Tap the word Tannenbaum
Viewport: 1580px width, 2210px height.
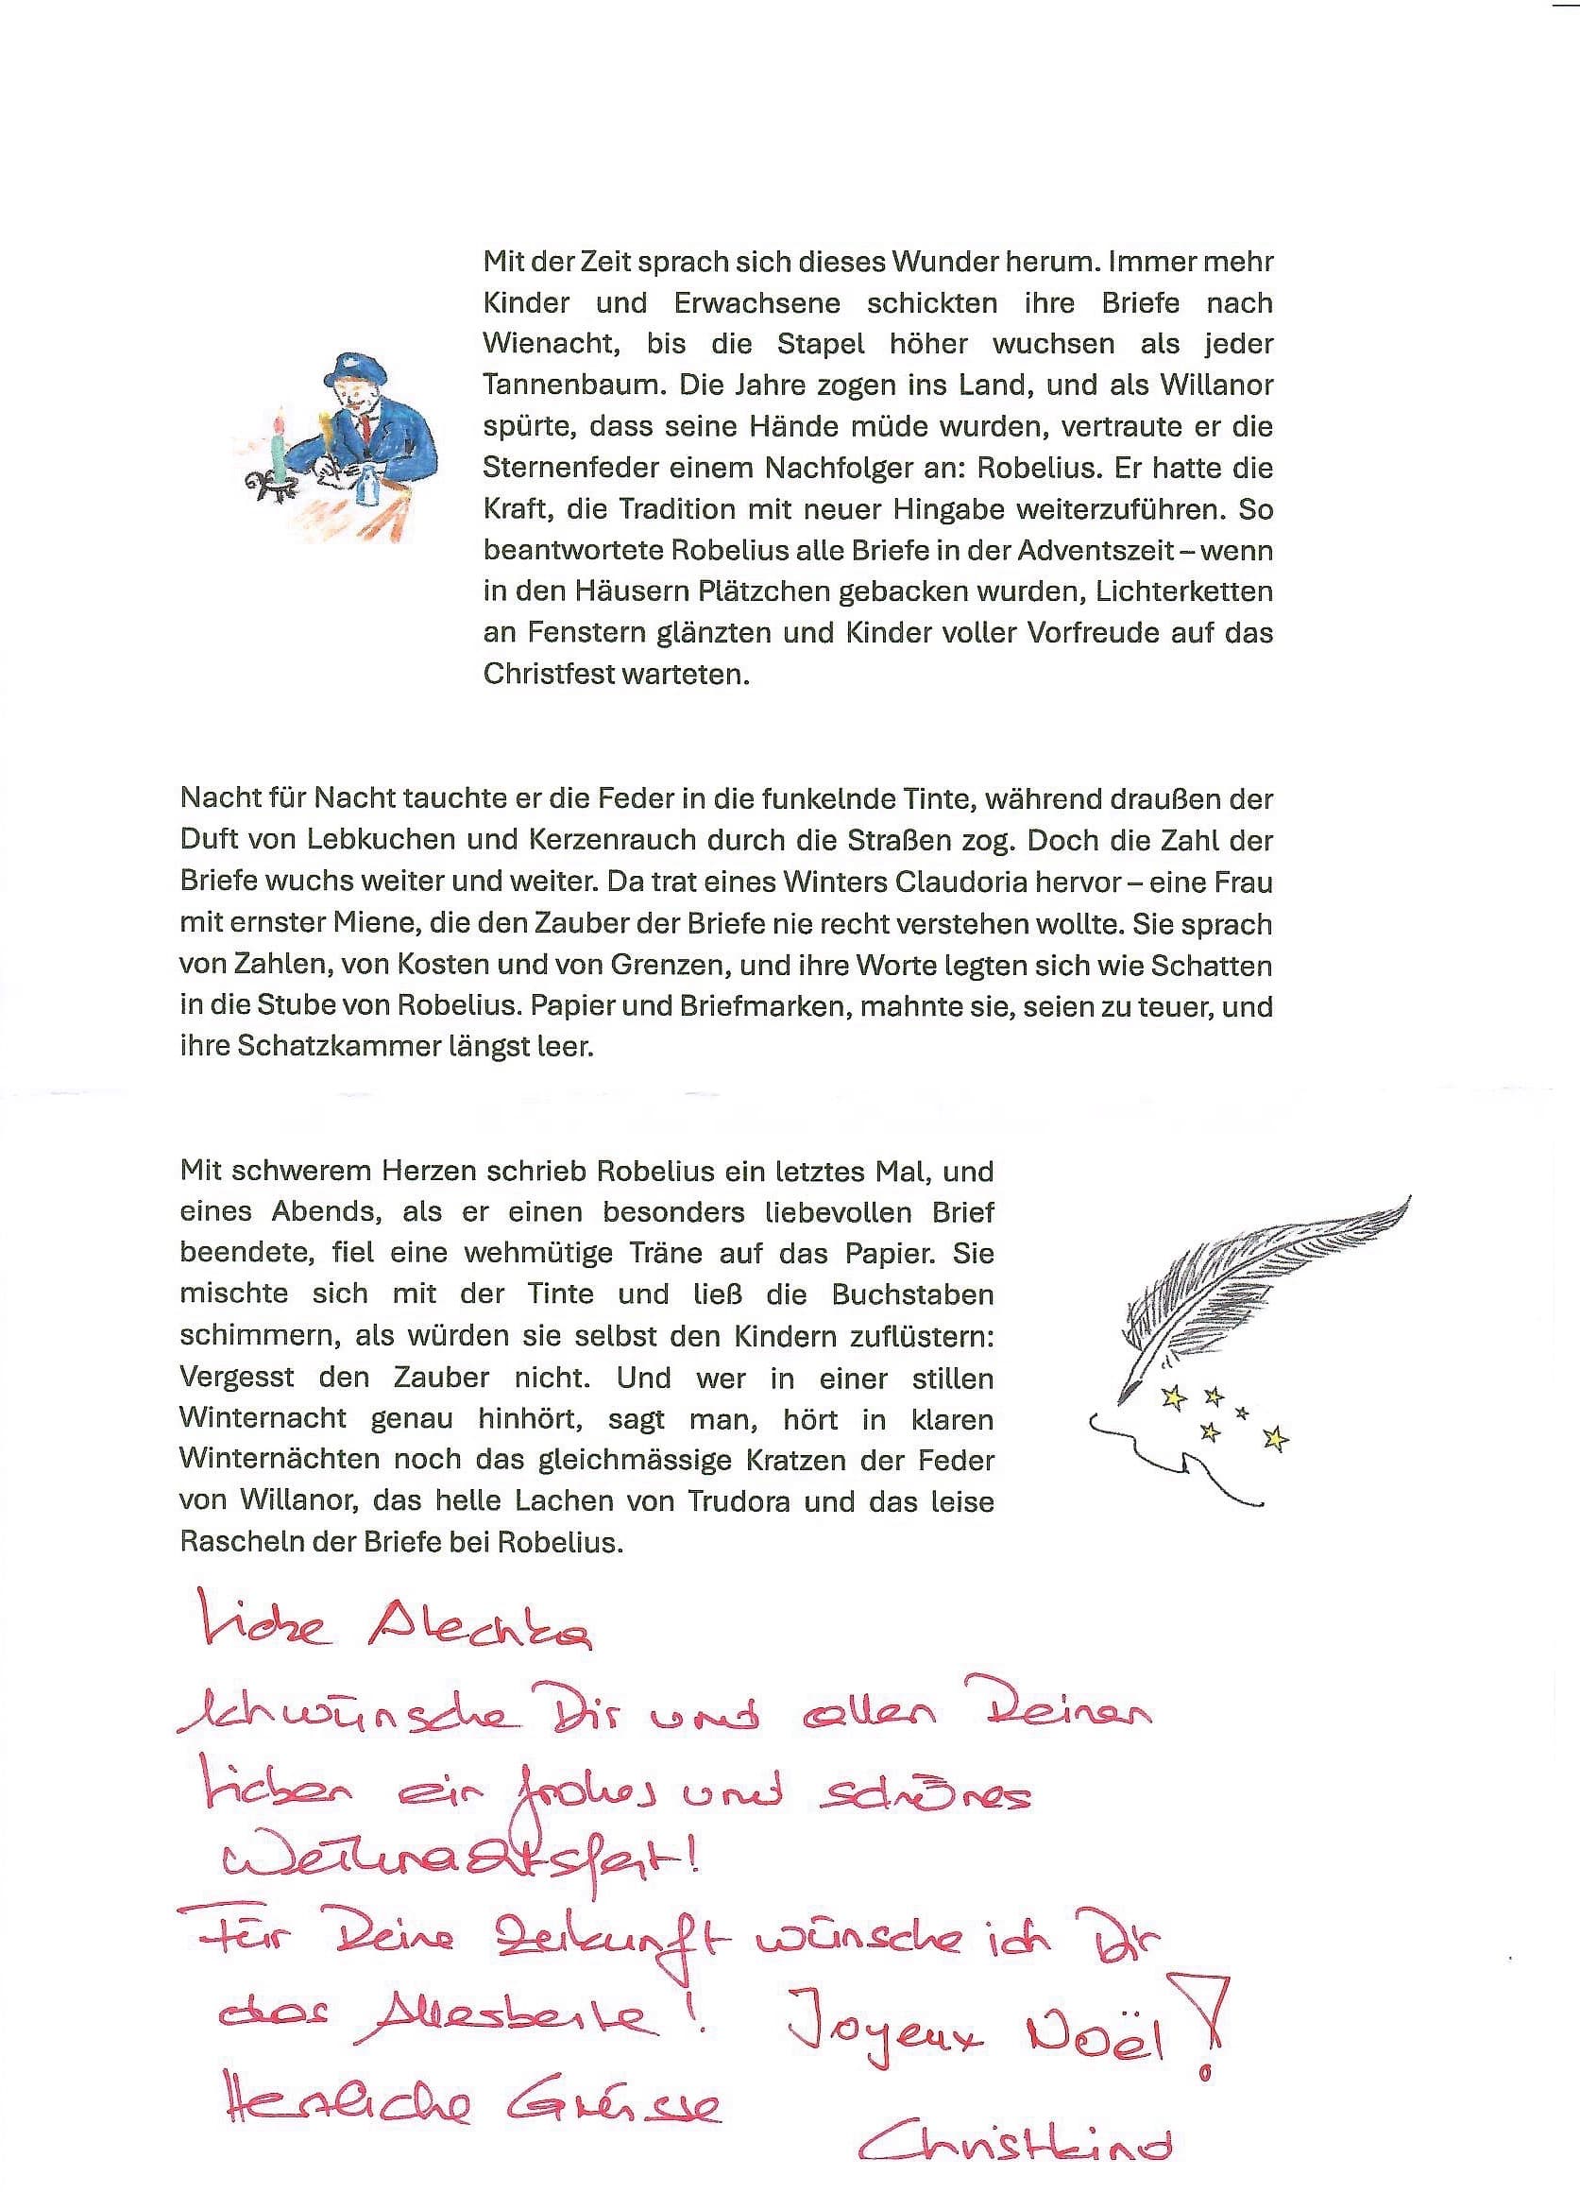point(572,385)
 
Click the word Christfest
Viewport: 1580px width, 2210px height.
point(546,674)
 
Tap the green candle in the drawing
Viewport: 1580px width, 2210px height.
point(280,451)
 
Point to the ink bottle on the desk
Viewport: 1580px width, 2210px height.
point(367,484)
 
